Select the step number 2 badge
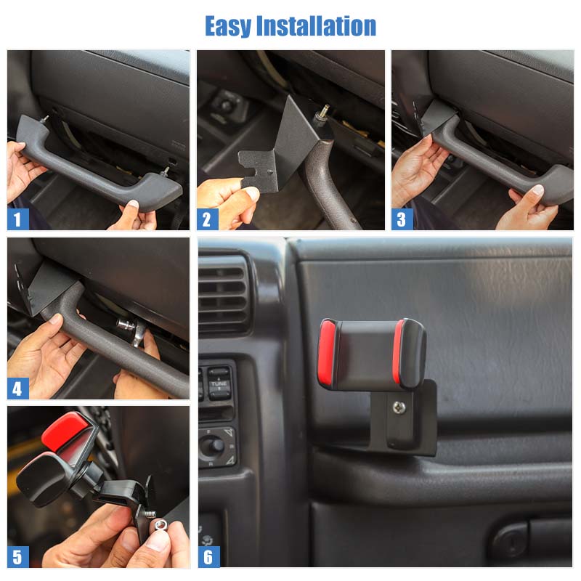pyautogui.click(x=208, y=219)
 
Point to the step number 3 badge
pyautogui.click(x=402, y=219)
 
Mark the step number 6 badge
pyautogui.click(x=208, y=557)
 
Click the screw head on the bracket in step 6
pyautogui.click(x=399, y=407)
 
